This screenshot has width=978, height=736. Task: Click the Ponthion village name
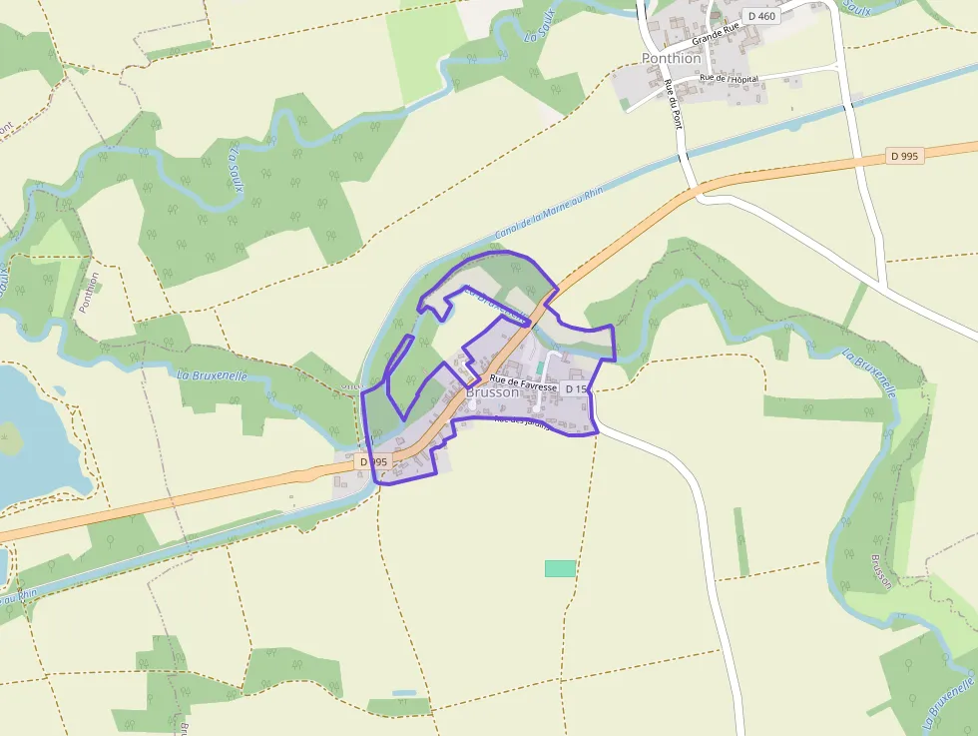click(x=671, y=58)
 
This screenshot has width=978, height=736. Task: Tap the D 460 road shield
click(x=760, y=16)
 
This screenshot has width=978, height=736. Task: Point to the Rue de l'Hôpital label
click(x=729, y=78)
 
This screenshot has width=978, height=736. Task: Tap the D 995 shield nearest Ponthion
click(x=905, y=156)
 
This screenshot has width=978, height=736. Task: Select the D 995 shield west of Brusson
click(x=373, y=462)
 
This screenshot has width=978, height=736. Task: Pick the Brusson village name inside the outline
click(x=493, y=393)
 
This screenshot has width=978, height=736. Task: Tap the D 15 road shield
click(x=577, y=388)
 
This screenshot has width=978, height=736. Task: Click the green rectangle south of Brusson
click(x=560, y=568)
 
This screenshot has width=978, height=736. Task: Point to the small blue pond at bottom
click(x=404, y=692)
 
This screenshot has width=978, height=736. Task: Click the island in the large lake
click(x=8, y=437)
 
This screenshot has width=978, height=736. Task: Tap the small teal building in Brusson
click(x=540, y=368)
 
